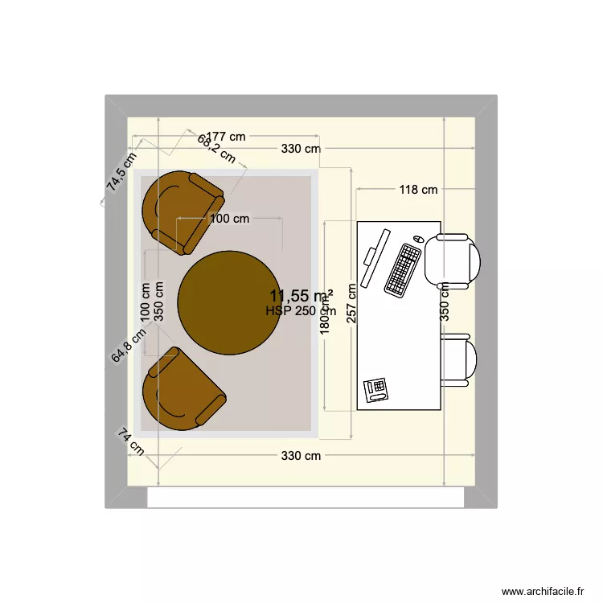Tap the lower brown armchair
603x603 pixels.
182,392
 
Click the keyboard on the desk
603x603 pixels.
403,269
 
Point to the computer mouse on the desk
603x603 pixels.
418,240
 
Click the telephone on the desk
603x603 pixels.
376,390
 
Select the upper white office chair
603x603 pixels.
454,260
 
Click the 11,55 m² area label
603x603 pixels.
301,296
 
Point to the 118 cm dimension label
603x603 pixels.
419,190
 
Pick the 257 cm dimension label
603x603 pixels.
351,303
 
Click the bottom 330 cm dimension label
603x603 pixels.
301,456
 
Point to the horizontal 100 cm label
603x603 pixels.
229,218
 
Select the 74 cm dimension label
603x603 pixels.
131,443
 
